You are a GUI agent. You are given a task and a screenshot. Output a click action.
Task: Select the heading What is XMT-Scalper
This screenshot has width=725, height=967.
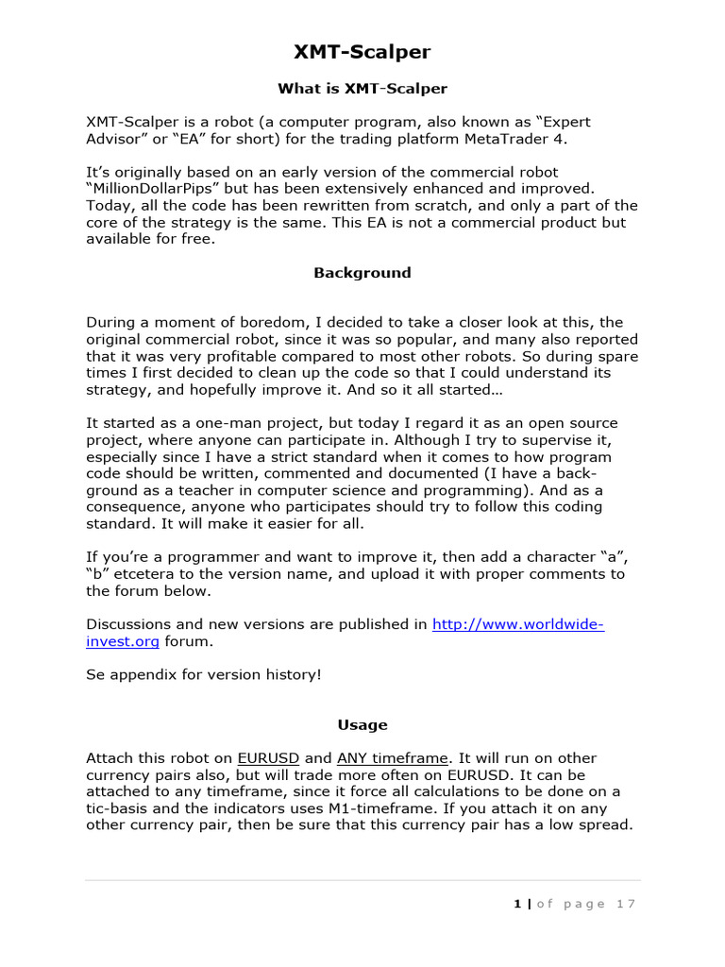tap(362, 89)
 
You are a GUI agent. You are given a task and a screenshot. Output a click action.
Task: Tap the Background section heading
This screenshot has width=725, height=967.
tap(362, 273)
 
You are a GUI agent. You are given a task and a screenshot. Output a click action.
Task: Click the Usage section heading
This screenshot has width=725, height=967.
tap(362, 725)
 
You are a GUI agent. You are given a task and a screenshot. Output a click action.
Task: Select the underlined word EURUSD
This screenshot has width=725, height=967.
tap(269, 758)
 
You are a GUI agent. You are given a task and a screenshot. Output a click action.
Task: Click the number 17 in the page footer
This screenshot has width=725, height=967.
tap(626, 904)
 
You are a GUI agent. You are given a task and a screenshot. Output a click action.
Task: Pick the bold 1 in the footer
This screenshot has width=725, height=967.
tap(516, 904)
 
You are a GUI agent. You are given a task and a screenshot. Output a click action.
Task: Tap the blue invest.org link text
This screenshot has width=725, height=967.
tap(124, 641)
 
